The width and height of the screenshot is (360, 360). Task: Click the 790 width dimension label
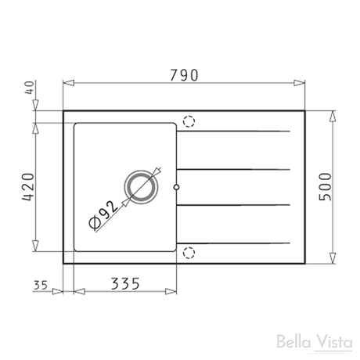184,75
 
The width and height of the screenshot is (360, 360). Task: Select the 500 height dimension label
326,186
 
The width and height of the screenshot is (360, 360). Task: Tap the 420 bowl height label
28,187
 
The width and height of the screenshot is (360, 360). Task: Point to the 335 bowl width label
125,283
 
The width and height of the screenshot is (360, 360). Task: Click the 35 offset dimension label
41,285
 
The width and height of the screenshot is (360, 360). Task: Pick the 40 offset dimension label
31,88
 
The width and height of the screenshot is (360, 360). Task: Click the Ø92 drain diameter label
103,216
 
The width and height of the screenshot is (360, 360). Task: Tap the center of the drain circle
142,187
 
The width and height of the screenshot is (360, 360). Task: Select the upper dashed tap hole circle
189,121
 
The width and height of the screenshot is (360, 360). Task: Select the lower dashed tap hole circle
189,253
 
